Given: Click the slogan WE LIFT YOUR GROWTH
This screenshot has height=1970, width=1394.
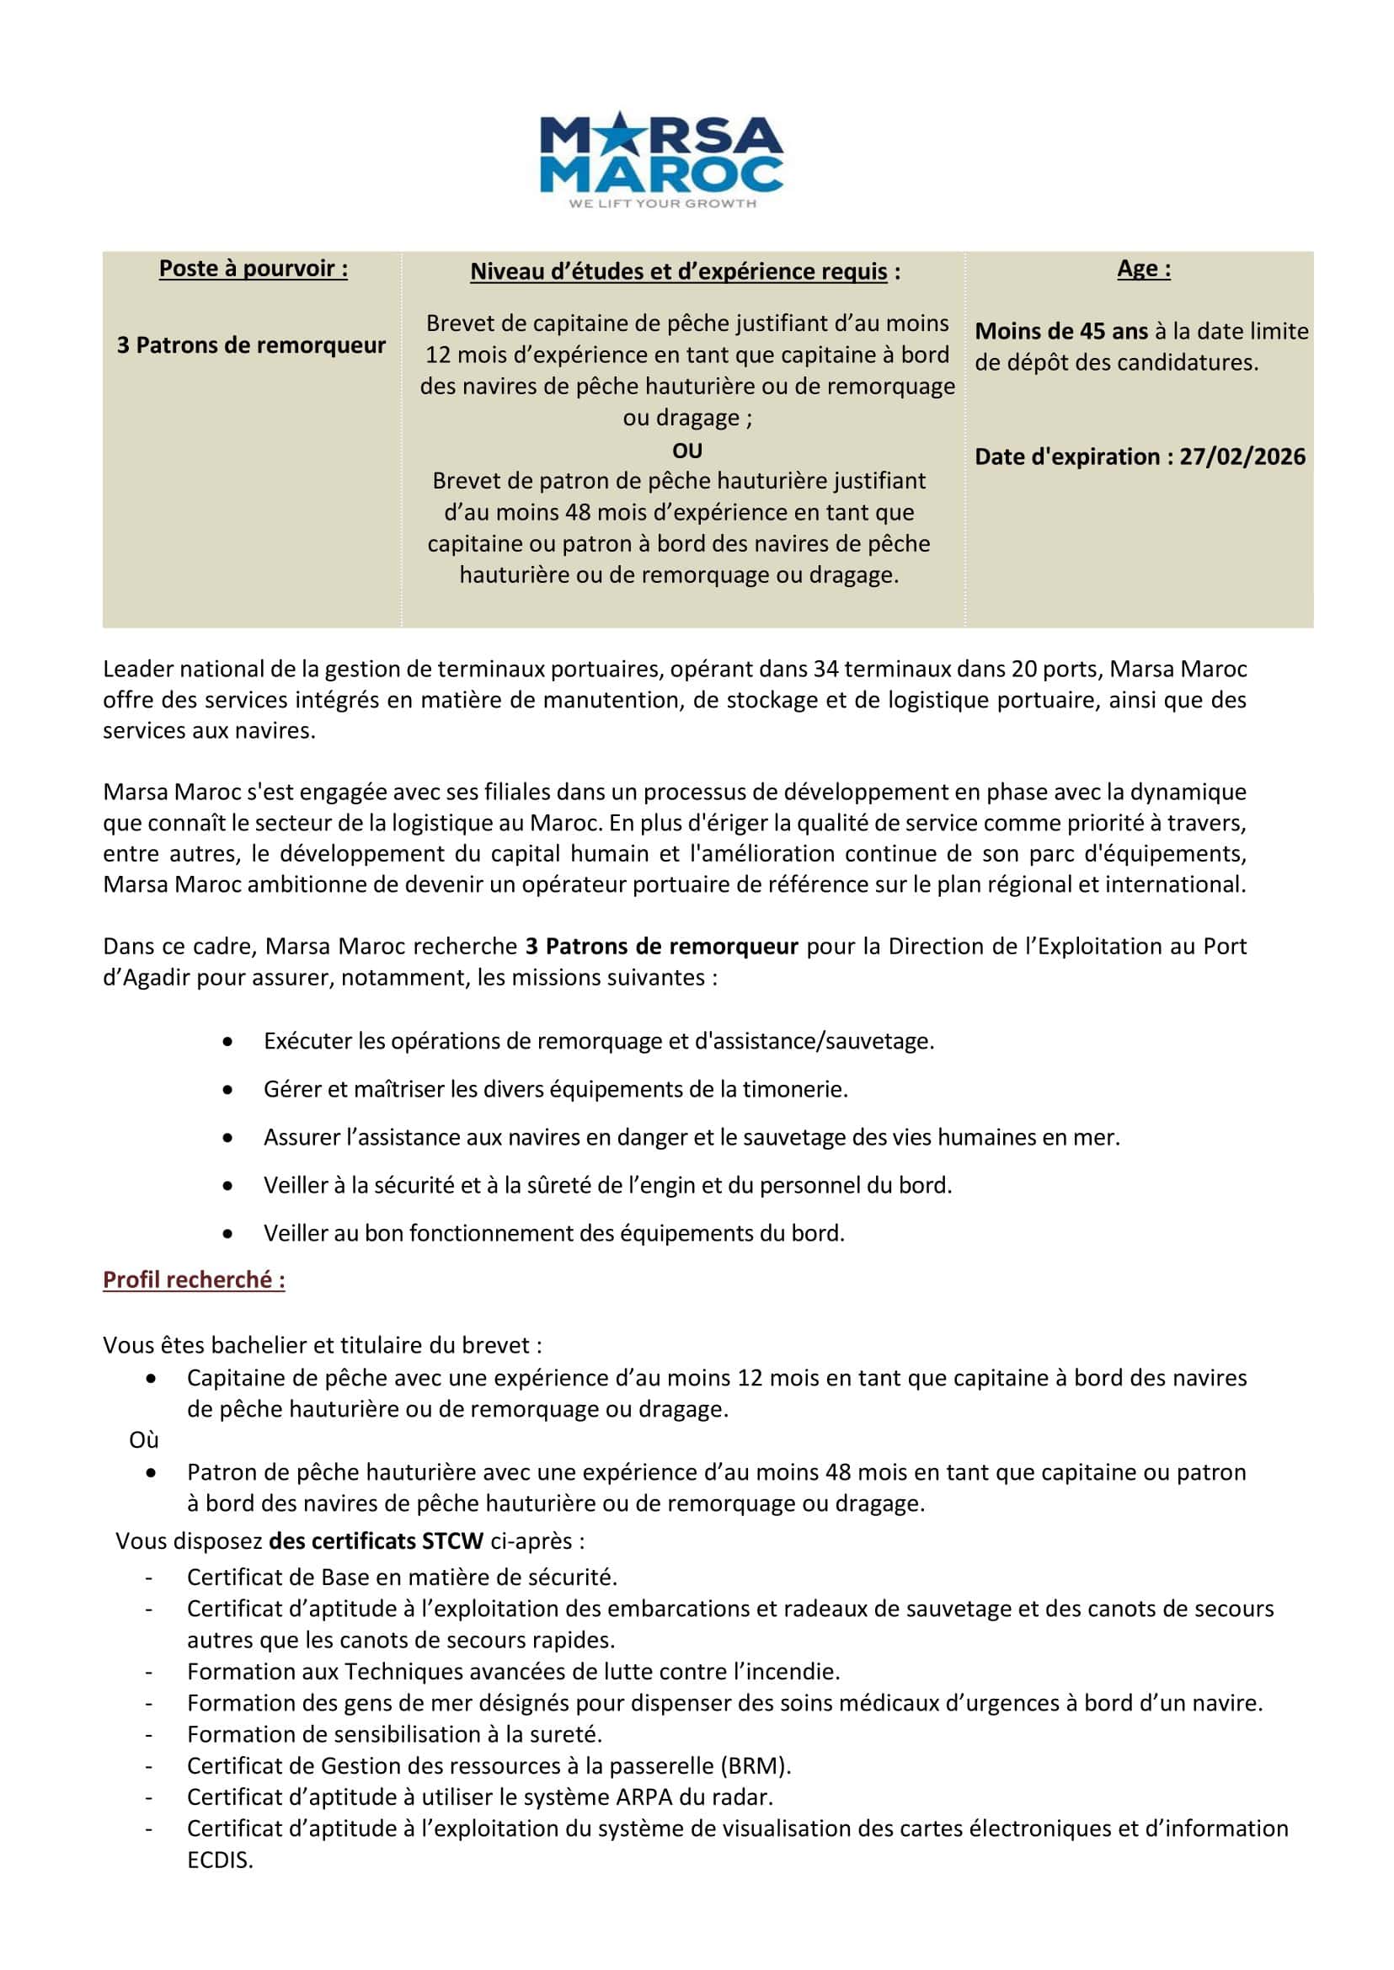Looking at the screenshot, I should click(x=662, y=204).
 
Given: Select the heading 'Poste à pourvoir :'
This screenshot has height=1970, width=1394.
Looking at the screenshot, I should click(x=254, y=269).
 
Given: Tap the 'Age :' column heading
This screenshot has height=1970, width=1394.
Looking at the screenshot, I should click(x=1143, y=269).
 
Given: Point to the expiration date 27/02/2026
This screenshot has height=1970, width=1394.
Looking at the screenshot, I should click(x=1242, y=456).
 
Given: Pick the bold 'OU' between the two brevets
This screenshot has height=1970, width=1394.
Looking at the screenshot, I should click(x=686, y=451).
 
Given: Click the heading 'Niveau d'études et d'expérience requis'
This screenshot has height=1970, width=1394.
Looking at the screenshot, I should click(x=679, y=272).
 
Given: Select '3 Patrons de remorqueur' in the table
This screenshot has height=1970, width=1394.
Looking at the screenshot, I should click(x=252, y=345).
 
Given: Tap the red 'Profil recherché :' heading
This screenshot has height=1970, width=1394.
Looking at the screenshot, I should click(x=194, y=1280).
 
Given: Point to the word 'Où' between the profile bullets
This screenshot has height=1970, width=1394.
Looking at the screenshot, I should click(x=143, y=1439).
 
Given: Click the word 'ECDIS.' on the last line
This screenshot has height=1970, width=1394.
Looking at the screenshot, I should click(x=220, y=1861).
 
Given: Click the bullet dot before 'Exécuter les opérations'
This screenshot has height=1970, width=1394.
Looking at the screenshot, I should click(x=227, y=1041).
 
